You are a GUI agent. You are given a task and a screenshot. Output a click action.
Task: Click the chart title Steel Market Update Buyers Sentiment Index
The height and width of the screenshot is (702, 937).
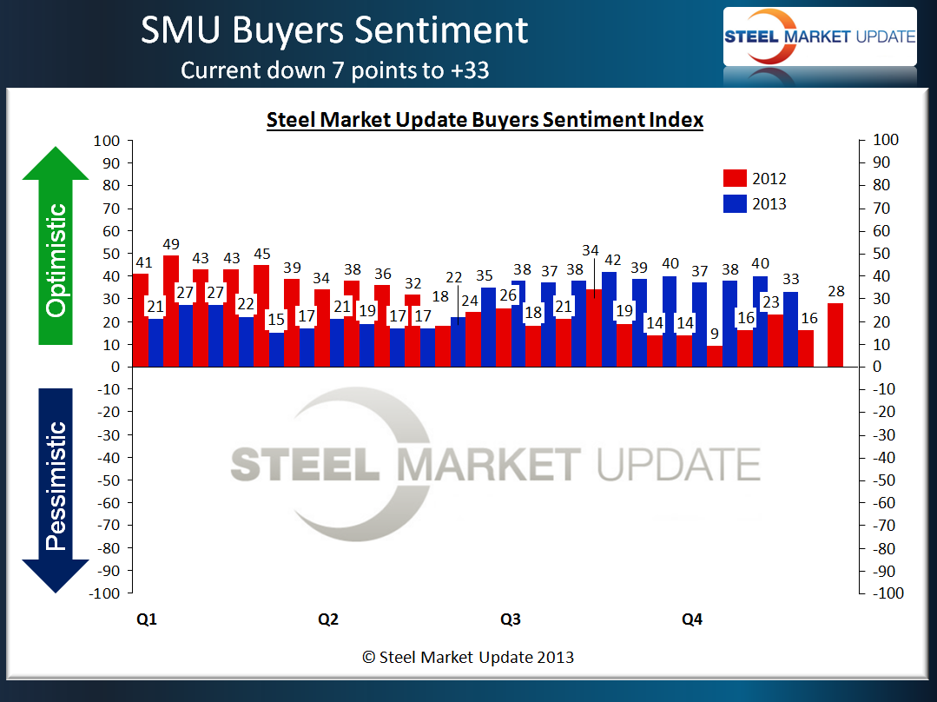tap(484, 120)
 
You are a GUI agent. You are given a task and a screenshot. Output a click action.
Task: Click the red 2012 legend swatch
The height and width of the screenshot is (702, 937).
tap(734, 178)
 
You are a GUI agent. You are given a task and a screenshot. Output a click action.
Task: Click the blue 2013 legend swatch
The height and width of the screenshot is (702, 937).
tap(734, 204)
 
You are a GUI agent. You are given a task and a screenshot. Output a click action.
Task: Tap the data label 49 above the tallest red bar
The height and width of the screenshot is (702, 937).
tap(171, 245)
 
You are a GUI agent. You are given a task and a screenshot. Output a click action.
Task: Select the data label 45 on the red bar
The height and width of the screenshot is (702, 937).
tap(261, 255)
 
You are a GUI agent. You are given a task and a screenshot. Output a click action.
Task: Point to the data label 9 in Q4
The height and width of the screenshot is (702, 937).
tap(714, 333)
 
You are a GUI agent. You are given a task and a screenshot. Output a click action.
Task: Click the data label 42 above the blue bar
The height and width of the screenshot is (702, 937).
tap(614, 260)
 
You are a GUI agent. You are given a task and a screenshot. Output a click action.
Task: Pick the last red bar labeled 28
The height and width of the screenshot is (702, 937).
tap(835, 335)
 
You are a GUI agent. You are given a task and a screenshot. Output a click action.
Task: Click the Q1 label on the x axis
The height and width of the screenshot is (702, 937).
tap(147, 619)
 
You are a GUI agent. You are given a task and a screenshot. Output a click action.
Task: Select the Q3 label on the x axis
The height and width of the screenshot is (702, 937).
tap(511, 619)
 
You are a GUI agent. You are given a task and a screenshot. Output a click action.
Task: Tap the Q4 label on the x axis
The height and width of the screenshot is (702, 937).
tap(692, 619)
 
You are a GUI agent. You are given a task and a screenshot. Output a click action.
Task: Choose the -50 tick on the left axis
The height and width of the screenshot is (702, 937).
tap(107, 480)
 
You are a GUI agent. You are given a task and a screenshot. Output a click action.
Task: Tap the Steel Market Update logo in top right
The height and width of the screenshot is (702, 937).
tap(820, 36)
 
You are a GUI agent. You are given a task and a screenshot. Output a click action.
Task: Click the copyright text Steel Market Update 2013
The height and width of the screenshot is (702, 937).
tap(468, 658)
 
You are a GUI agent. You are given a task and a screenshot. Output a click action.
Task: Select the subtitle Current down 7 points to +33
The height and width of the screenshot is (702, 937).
tap(334, 70)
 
